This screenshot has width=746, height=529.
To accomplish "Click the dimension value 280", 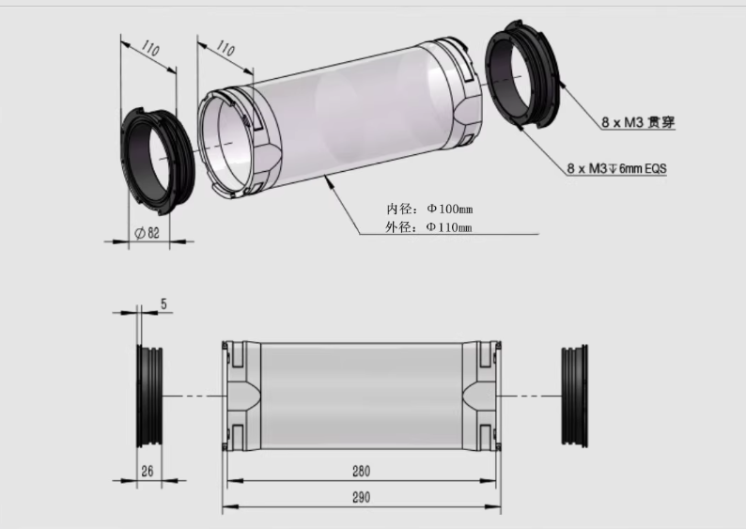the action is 361,471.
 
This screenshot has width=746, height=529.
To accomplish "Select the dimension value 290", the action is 361,498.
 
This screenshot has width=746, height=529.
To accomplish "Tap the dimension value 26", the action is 148,471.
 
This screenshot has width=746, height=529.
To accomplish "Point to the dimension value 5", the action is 163,303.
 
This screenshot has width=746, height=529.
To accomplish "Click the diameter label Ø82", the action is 148,233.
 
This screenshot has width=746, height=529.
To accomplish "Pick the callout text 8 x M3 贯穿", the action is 638,122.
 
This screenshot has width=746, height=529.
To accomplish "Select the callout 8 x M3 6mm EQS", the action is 616,168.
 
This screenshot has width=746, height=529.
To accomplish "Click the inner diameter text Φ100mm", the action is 450,209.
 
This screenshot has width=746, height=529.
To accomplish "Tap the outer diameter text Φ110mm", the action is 449,227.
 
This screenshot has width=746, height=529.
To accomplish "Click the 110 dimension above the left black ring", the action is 150,49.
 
